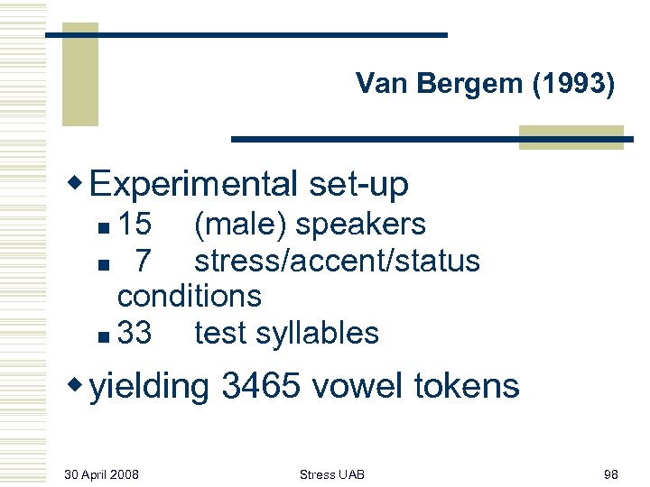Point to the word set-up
coord(358,185)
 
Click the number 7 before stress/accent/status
coord(143,262)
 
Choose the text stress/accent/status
coord(337,262)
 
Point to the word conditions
coord(190,296)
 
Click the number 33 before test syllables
coord(135,334)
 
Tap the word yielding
coord(151,387)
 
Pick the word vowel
coord(367,386)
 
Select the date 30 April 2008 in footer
coord(102,473)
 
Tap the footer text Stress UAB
coord(332,473)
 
